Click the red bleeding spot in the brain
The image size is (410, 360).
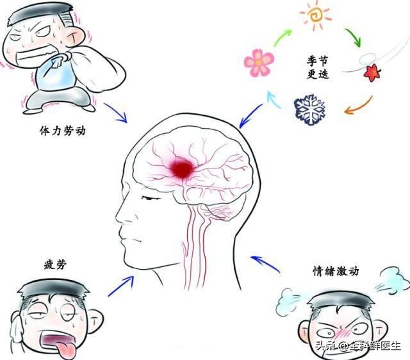pyautogui.click(x=182, y=168)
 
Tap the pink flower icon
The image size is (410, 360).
pyautogui.click(x=259, y=63)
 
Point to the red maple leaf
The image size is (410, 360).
pyautogui.click(x=372, y=72)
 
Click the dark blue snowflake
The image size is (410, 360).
pyautogui.click(x=310, y=110)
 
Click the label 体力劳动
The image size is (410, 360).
pyautogui.click(x=63, y=131)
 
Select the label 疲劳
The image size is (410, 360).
pyautogui.click(x=55, y=265)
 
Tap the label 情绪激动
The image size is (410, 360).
pyautogui.click(x=336, y=271)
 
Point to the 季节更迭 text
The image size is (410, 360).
pyautogui.click(x=318, y=67)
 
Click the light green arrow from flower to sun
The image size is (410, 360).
pyautogui.click(x=282, y=38)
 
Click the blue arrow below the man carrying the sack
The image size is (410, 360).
pyautogui.click(x=115, y=113)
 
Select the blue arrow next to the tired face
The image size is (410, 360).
pyautogui.click(x=121, y=286)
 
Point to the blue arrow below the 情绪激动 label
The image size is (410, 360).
pyautogui.click(x=265, y=264)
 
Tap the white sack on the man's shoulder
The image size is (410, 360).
pyautogui.click(x=98, y=69)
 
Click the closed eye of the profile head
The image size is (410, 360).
pyautogui.click(x=151, y=198)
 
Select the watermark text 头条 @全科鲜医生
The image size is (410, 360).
pyautogui.click(x=357, y=346)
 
